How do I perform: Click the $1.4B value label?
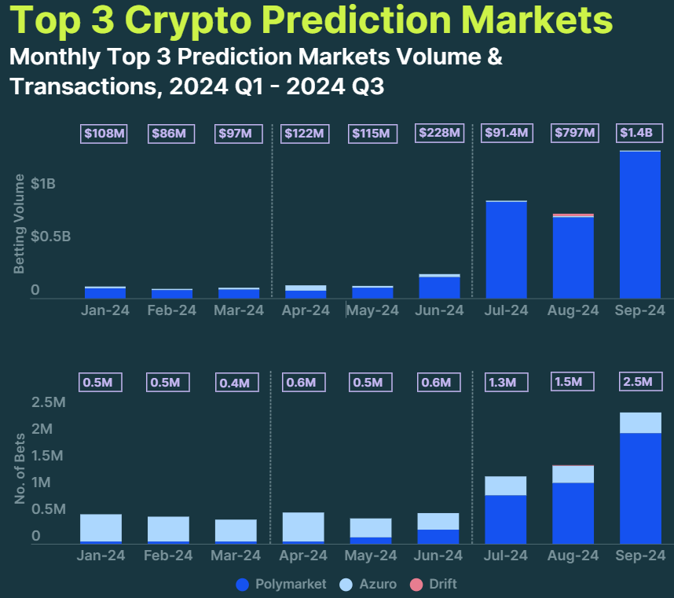[640, 133]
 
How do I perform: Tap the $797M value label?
[574, 133]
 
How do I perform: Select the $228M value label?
[439, 133]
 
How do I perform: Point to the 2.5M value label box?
[640, 382]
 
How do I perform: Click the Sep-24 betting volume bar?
[639, 224]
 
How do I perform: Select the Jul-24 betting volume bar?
[506, 250]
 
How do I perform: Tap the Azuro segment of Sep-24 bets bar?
[639, 423]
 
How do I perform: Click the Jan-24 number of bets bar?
[101, 528]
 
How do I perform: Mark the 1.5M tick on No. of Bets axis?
[48, 456]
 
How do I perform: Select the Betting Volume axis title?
[20, 224]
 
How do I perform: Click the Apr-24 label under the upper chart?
[306, 310]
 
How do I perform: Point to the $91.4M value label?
[507, 133]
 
